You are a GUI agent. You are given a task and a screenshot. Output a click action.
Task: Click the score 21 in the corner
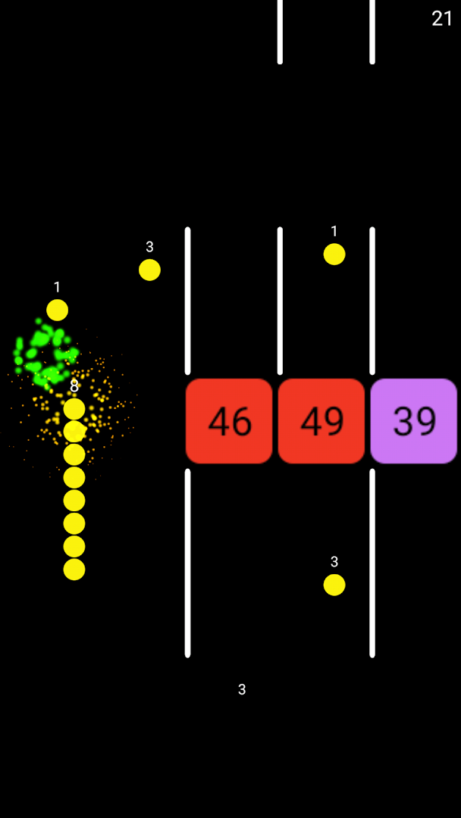[442, 19]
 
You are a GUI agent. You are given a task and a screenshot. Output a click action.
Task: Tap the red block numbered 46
[229, 421]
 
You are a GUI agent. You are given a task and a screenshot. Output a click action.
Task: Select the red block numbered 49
[321, 421]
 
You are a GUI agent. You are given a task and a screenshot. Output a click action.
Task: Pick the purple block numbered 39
[414, 421]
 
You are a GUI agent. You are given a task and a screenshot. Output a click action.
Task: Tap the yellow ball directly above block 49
[334, 254]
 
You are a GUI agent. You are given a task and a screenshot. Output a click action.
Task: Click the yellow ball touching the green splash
[57, 310]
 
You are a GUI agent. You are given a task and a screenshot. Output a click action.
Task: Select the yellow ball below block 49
[334, 585]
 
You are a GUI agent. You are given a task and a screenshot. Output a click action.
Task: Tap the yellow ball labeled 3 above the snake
[149, 270]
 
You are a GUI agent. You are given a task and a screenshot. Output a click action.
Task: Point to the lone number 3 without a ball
[242, 689]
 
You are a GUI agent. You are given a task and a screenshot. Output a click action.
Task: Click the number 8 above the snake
[74, 386]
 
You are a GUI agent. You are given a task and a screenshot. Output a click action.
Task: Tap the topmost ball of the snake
[74, 409]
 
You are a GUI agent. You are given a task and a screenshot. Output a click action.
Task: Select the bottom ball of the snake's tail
[74, 570]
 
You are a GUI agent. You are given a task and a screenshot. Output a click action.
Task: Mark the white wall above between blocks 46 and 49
[280, 301]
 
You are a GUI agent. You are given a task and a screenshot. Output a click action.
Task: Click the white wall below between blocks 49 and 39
[372, 563]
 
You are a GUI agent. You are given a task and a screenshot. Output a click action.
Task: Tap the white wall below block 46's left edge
[188, 563]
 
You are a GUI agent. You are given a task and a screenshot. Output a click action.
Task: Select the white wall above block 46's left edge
[188, 301]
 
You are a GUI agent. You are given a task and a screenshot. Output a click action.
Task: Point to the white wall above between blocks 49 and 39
[372, 301]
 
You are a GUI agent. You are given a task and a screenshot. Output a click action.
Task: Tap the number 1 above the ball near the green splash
[57, 288]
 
